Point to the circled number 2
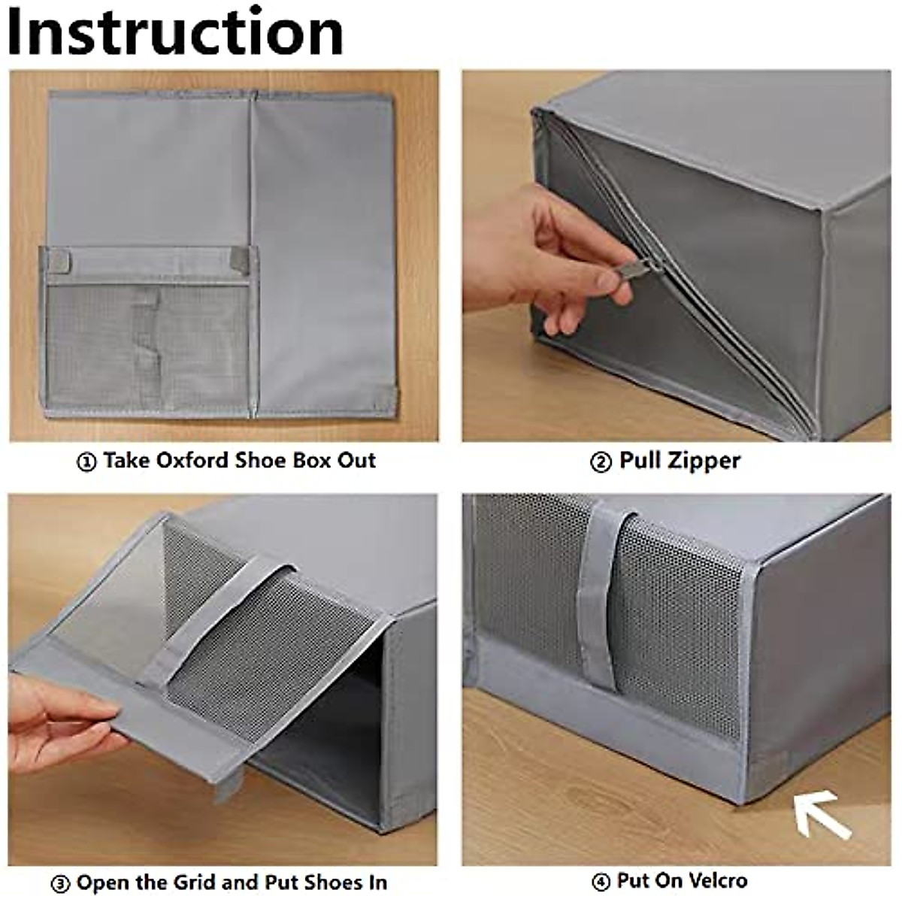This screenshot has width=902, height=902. point(601,462)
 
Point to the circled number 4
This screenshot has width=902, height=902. point(601,882)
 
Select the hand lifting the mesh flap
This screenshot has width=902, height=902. point(56,722)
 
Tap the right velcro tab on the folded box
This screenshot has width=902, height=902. point(240,259)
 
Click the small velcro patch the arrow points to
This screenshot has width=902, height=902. point(767,773)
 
